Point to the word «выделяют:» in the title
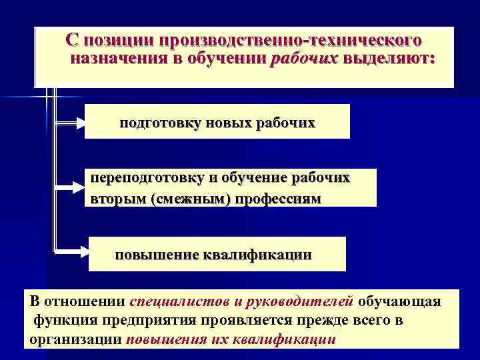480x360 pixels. [x=388, y=59]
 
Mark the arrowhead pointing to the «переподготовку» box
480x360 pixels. [x=79, y=189]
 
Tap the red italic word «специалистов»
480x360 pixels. [x=172, y=301]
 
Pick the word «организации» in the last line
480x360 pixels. [x=75, y=339]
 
